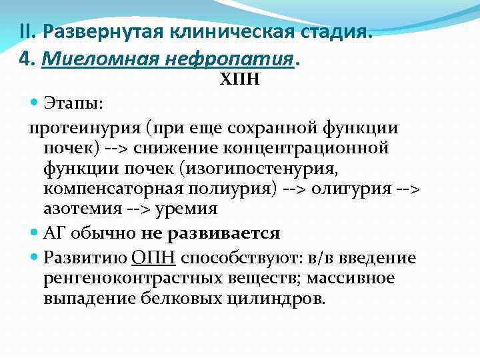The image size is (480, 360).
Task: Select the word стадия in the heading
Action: (x=333, y=31)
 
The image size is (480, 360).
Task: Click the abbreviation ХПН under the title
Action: (x=240, y=80)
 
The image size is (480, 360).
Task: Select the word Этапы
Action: (x=73, y=104)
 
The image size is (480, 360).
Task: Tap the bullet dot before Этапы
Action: (x=35, y=104)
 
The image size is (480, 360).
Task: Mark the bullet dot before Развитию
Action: (x=35, y=257)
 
